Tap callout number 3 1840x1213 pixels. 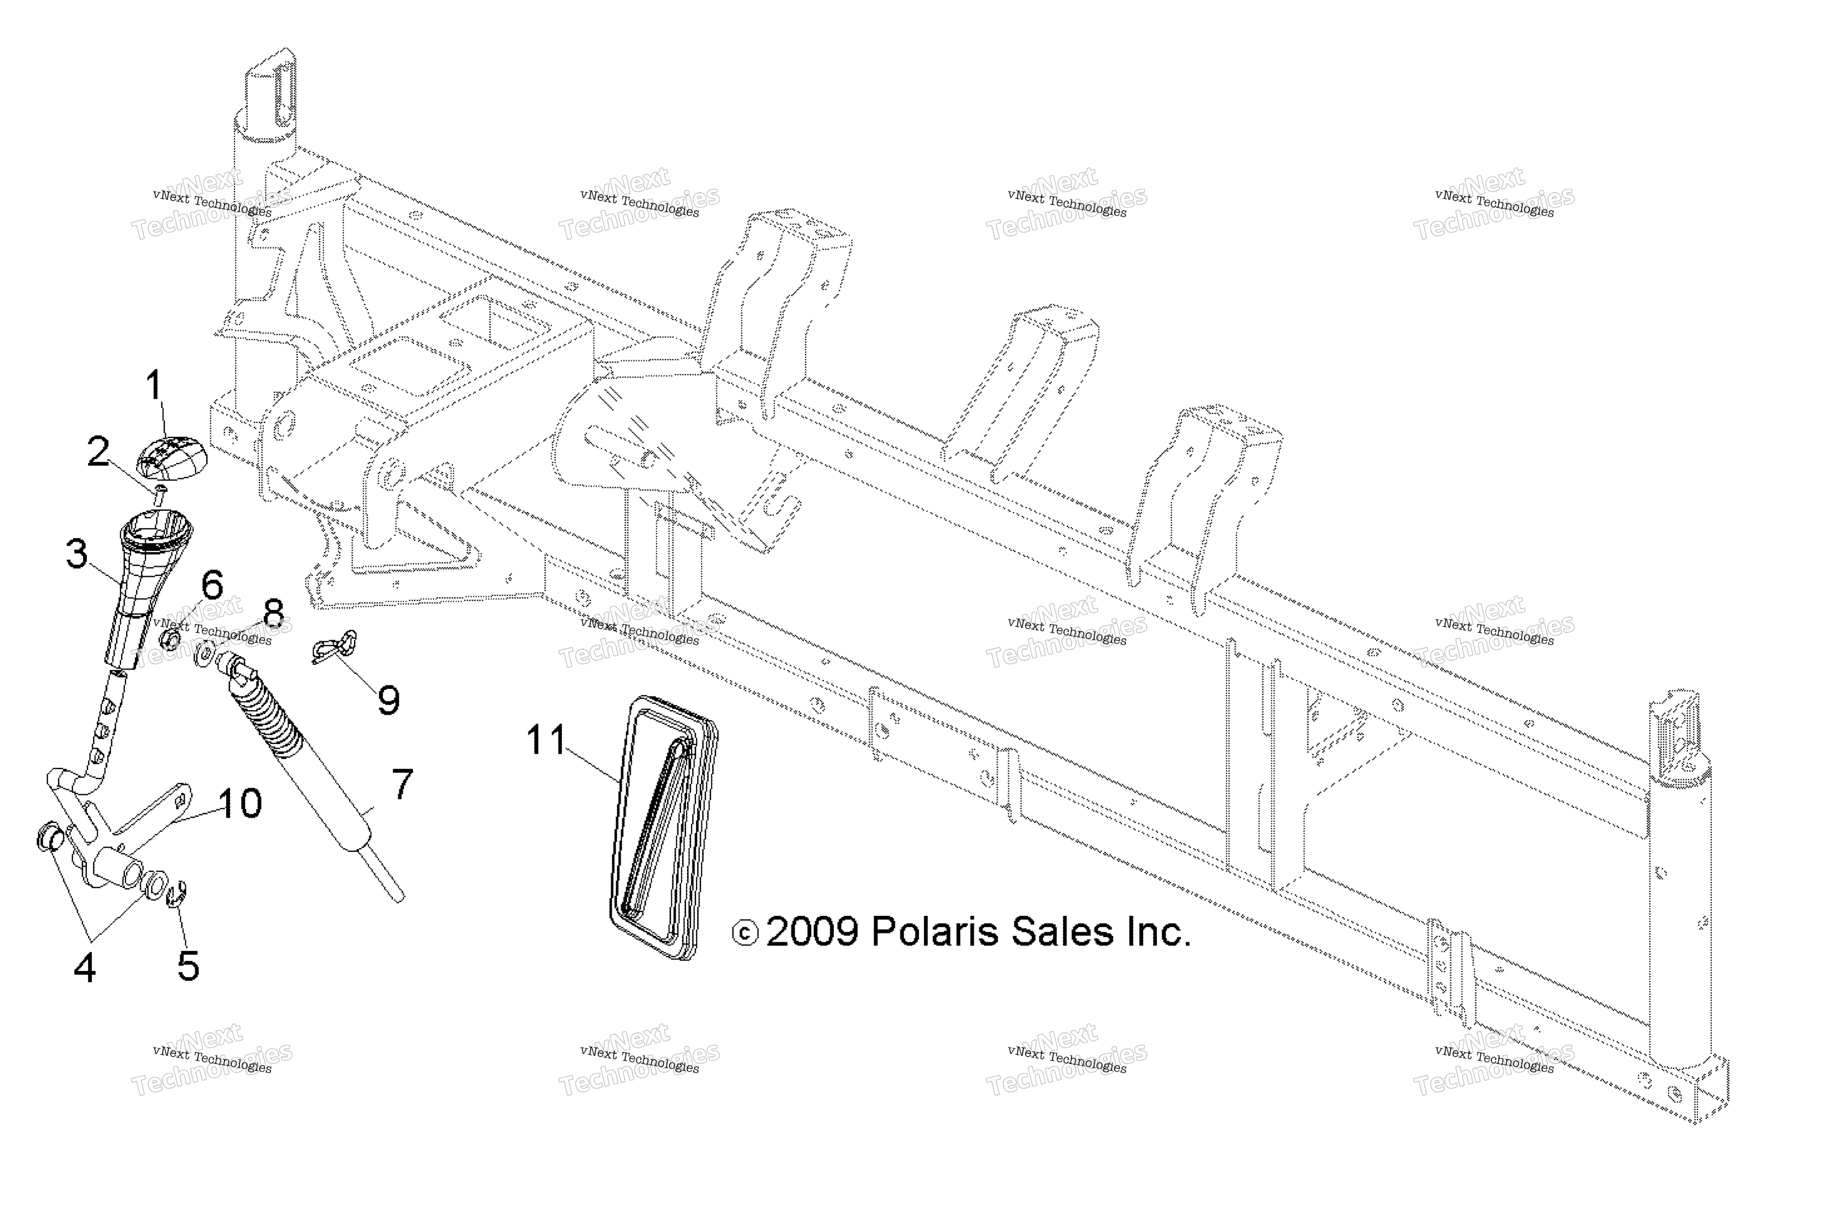tap(77, 554)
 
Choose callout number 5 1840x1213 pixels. tap(188, 965)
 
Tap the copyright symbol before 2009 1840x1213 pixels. tap(745, 934)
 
